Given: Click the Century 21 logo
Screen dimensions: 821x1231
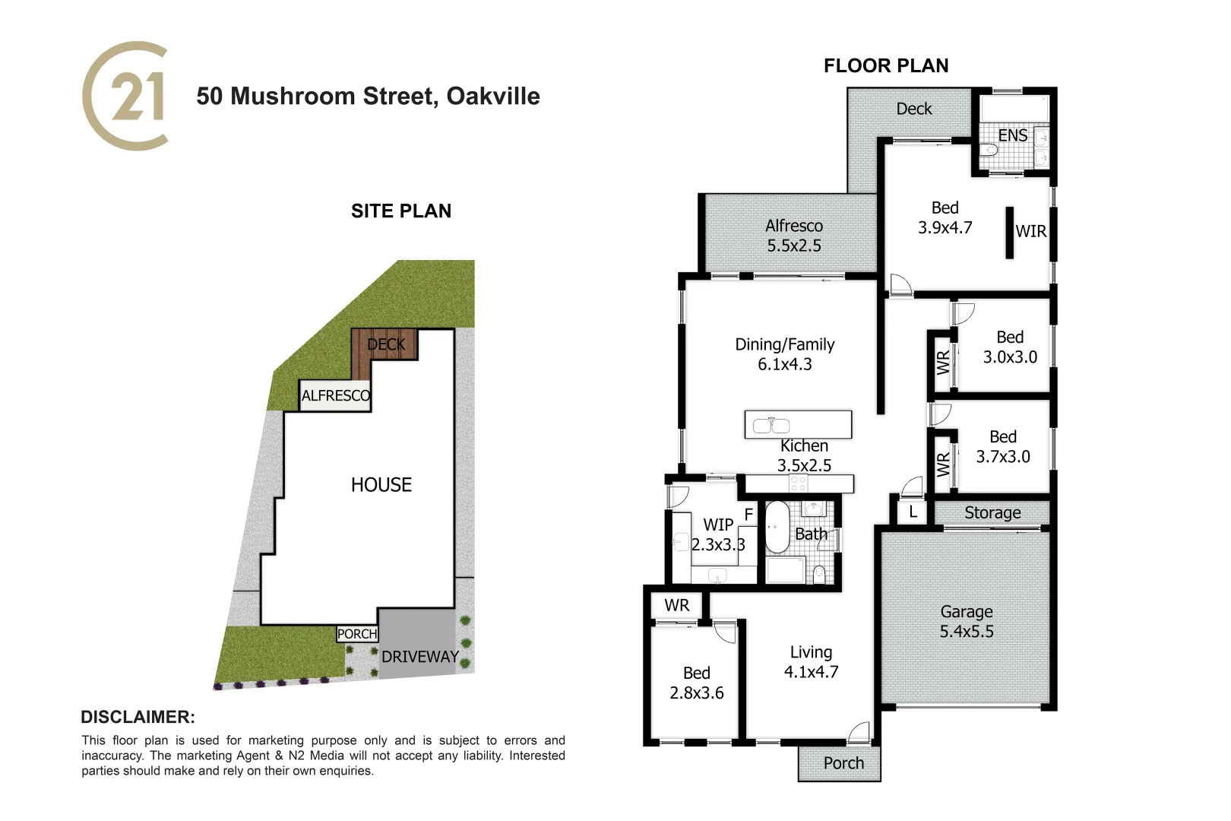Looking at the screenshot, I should point(125,97).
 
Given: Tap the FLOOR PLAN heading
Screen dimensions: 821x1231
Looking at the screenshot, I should point(886,66).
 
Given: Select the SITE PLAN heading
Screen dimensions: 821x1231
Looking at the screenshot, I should point(401,211).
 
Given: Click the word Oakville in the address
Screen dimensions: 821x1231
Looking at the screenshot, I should point(493,97).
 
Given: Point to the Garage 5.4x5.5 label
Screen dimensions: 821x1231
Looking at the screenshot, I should point(966,622).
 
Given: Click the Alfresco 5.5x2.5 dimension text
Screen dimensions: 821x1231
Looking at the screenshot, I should point(793,246).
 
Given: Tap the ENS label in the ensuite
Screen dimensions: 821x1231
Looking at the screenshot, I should point(1012,135).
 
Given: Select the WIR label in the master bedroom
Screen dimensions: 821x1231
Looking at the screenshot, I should point(1031,232).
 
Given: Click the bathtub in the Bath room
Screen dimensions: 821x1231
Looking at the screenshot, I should point(777,527).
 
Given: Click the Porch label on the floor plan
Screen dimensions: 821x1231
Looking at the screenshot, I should point(843,763).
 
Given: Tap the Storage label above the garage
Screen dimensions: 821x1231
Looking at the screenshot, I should point(992,513).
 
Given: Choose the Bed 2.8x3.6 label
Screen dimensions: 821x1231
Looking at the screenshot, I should point(696,683).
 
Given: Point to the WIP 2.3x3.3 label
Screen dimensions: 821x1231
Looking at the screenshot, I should point(717,534).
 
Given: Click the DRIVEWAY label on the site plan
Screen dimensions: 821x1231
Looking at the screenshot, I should point(420,657).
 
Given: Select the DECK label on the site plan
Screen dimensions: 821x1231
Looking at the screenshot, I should point(386,344).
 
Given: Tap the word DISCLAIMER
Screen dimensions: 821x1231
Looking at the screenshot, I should point(138,717).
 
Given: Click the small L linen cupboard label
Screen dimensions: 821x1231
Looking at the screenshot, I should point(913,512).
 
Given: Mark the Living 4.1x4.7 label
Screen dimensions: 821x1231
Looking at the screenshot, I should point(811,662).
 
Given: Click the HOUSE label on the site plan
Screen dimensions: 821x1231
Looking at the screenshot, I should point(381,485).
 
